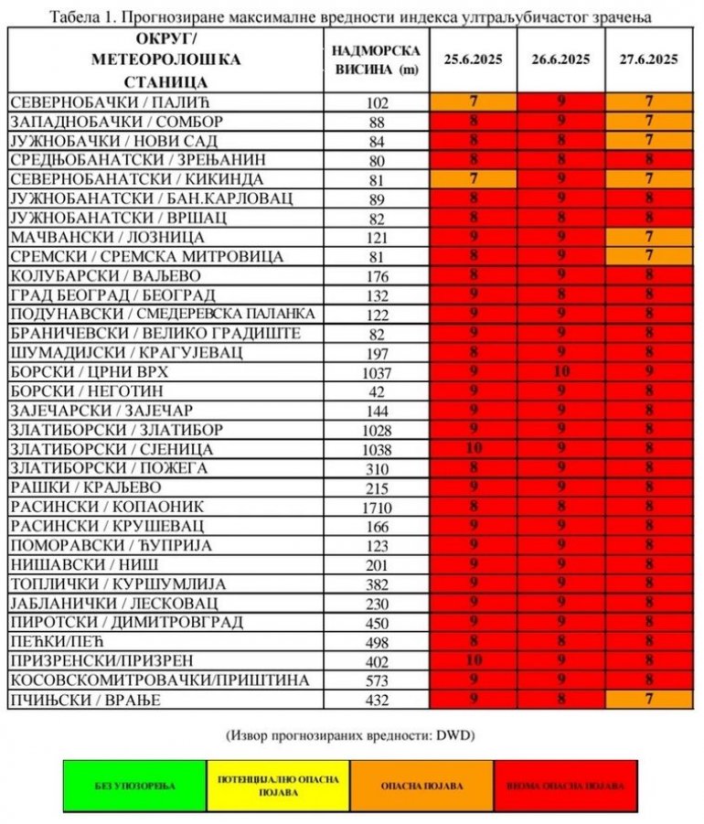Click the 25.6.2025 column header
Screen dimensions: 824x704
coord(473,60)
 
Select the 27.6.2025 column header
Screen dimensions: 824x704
coord(648,60)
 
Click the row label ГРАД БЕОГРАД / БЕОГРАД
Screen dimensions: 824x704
coord(113,295)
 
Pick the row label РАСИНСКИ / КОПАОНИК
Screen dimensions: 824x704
coord(107,507)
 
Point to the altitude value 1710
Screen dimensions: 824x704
coord(376,508)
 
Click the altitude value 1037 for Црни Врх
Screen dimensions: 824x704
coord(376,373)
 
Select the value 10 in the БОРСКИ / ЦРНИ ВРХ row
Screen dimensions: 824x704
coord(560,372)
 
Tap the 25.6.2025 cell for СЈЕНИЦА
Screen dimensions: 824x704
coord(473,449)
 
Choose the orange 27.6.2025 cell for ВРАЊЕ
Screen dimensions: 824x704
coord(648,700)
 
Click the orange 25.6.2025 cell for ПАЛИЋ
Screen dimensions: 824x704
coord(473,102)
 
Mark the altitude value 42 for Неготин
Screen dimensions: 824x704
coord(376,392)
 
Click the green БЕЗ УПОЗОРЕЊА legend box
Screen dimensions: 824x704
coord(134,786)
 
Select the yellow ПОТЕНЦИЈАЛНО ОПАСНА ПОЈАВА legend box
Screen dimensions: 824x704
coord(278,786)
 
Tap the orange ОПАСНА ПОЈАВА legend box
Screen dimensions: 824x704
coord(421,786)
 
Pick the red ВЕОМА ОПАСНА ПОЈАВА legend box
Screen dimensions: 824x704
coord(565,786)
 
